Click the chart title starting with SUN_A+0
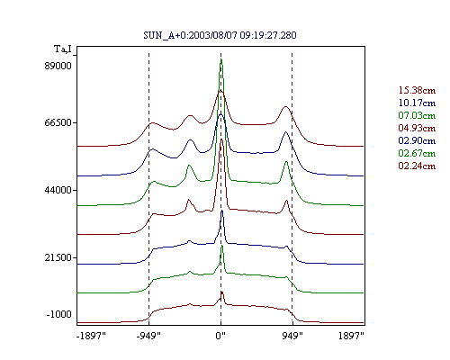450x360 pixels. pos(220,35)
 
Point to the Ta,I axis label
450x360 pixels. pos(63,49)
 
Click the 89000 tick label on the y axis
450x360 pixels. pos(58,66)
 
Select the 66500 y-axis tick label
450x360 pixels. pos(58,122)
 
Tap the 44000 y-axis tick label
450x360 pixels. pos(58,190)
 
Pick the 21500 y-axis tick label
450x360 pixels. pos(58,257)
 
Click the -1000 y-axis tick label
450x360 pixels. pos(59,314)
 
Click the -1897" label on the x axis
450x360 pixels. pos(91,336)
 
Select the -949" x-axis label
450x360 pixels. pos(148,336)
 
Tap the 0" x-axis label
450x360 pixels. pos(220,336)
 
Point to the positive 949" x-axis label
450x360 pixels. pos(292,336)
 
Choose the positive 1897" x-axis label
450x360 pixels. pos(351,336)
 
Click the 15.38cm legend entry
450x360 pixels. pos(417,90)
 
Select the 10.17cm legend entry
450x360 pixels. pos(417,103)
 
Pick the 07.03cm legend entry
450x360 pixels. pos(417,115)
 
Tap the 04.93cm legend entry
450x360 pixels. pos(417,128)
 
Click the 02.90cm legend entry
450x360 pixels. pos(417,140)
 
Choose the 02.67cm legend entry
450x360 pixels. pos(417,153)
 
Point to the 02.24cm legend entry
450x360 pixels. pos(417,166)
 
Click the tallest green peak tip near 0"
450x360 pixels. pos(221,59)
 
